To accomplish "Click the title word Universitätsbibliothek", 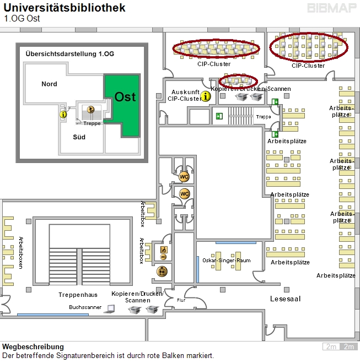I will point(65,8).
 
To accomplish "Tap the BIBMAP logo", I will point(332,8).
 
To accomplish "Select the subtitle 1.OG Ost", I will point(22,18).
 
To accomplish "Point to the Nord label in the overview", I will point(49,84).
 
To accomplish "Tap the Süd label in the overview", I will point(79,137).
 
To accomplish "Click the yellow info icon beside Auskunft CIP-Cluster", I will point(206,96).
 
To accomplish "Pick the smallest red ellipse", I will point(238,81).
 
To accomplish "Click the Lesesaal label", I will point(285,298).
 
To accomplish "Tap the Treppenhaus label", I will point(78,295).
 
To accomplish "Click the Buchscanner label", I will point(85,307).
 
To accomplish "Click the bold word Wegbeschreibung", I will point(33,347).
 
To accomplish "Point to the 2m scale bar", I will point(340,346).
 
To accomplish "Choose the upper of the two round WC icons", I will point(184,176).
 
